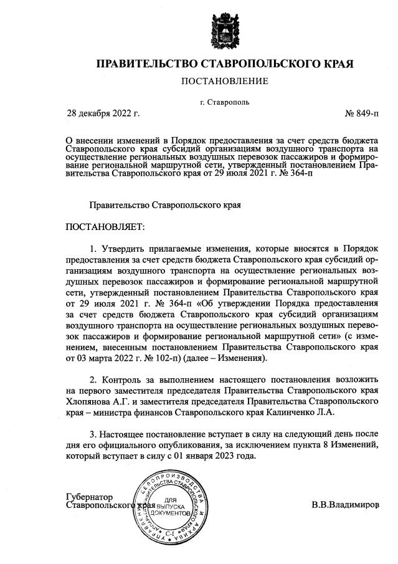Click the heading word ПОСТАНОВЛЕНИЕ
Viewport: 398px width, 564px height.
[224, 81]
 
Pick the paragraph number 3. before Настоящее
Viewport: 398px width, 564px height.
[94, 433]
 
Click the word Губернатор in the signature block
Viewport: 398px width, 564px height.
[89, 497]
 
